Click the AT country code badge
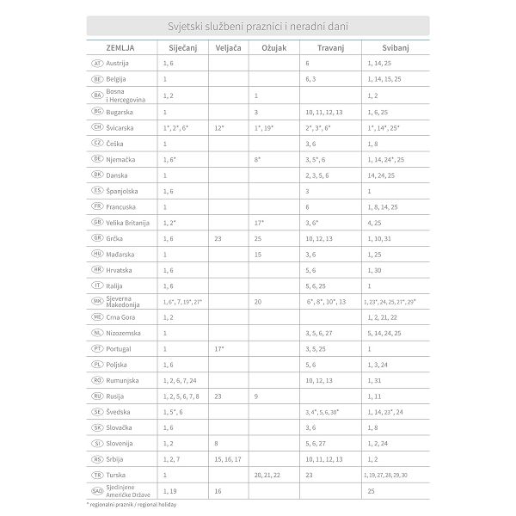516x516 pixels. [96, 64]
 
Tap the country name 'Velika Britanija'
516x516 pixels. [127, 223]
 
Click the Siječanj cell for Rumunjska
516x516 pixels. [180, 380]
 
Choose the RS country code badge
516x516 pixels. [96, 459]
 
